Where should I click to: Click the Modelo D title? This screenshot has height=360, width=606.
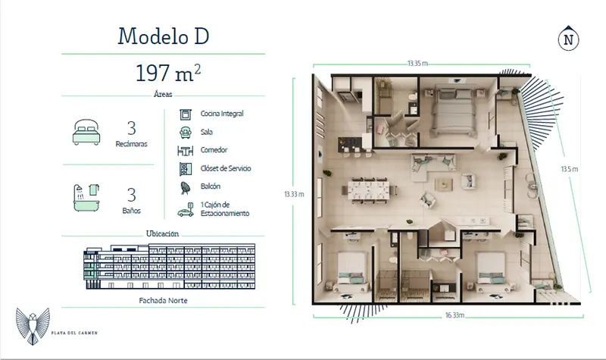tap(164, 36)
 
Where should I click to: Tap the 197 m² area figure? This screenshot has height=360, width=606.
tap(168, 73)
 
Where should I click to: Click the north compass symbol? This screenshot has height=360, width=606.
tap(569, 39)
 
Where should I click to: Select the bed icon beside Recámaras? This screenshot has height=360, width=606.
tap(86, 132)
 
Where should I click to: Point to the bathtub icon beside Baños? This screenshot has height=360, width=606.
tap(86, 198)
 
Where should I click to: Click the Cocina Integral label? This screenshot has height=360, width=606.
tap(222, 114)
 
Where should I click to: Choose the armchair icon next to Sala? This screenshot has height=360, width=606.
tap(186, 132)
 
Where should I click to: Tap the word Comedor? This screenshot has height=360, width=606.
tap(214, 150)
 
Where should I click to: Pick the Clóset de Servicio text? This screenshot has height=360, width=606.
tap(226, 168)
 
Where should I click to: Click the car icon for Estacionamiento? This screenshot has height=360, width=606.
tap(186, 210)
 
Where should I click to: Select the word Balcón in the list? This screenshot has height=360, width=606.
tap(211, 186)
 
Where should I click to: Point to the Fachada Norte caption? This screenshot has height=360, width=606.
tap(163, 300)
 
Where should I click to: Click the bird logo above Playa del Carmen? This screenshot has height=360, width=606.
tap(33, 326)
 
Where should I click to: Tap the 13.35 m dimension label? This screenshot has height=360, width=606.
tap(417, 64)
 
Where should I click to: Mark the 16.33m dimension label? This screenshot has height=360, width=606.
tap(454, 315)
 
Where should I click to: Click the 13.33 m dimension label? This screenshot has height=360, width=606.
tap(294, 194)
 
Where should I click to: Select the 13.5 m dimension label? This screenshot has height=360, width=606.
tap(570, 169)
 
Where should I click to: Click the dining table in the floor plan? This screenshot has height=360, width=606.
tap(370, 189)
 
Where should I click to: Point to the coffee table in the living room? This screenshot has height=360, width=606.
tap(443, 184)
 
